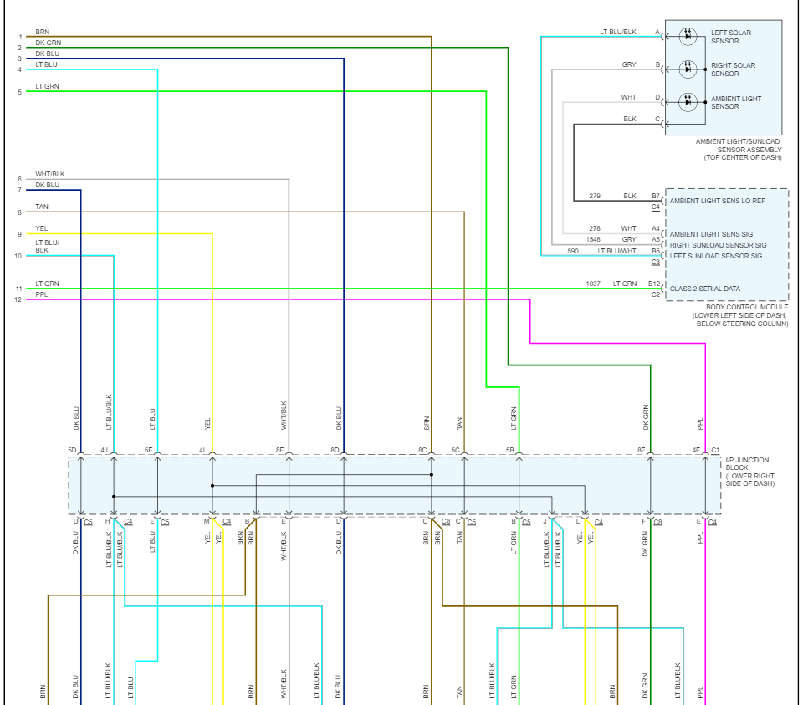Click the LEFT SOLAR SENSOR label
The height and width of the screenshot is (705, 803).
pyautogui.click(x=731, y=37)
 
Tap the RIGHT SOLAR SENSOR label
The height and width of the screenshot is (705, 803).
pyautogui.click(x=733, y=69)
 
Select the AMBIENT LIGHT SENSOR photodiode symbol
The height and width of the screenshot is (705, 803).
pyautogui.click(x=688, y=102)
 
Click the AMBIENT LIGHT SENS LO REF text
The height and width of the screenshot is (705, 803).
pyautogui.click(x=717, y=202)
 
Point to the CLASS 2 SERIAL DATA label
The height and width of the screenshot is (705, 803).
pyautogui.click(x=704, y=289)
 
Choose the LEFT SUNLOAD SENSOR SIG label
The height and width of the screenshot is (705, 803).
pyautogui.click(x=715, y=256)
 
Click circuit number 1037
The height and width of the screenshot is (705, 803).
pyautogui.click(x=593, y=284)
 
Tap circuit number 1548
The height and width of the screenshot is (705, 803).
pyautogui.click(x=593, y=240)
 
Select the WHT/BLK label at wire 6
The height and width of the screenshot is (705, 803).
pyautogui.click(x=50, y=174)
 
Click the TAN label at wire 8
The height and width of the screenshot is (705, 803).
pyautogui.click(x=42, y=207)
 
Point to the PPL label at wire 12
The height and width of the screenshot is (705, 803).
pyautogui.click(x=42, y=295)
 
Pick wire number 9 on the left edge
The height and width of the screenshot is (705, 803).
pyautogui.click(x=19, y=234)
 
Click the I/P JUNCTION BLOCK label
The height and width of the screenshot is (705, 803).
pyautogui.click(x=749, y=472)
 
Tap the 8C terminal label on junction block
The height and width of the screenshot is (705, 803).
pyautogui.click(x=422, y=450)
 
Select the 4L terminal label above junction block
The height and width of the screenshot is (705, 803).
pyautogui.click(x=203, y=450)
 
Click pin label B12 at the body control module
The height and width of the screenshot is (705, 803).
pyautogui.click(x=654, y=284)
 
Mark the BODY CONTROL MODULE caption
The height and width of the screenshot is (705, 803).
pyautogui.click(x=740, y=315)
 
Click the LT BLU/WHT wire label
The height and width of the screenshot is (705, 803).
pyautogui.click(x=617, y=251)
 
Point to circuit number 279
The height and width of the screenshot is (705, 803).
pyautogui.click(x=595, y=196)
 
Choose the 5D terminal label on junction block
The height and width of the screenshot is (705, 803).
pyautogui.click(x=72, y=450)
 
